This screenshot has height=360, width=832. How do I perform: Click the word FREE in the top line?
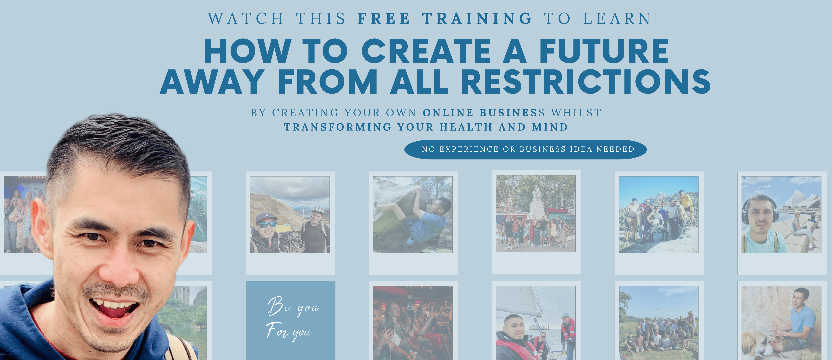click(384, 18)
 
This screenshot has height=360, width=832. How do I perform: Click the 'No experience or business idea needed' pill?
click(525, 149)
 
